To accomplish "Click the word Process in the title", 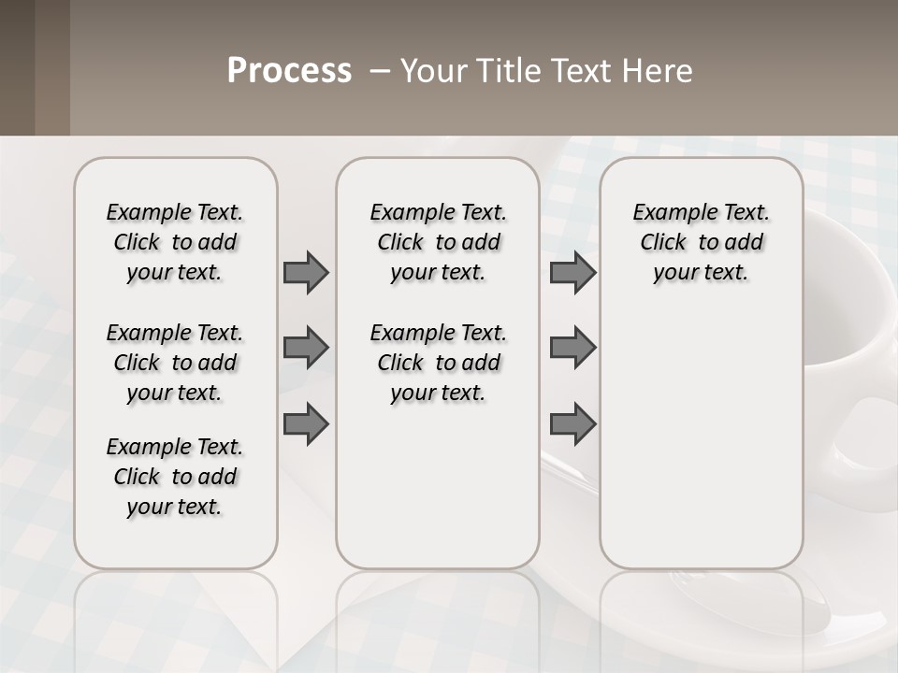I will [x=289, y=71].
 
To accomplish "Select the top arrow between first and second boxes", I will [x=306, y=272].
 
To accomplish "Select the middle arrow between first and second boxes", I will [x=306, y=348].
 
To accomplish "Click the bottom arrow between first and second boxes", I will [x=306, y=424].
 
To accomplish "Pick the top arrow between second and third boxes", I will [x=572, y=272].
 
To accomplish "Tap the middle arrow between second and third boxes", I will [x=572, y=348].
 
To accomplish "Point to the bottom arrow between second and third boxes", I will [x=572, y=424].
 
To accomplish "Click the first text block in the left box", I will [x=175, y=242].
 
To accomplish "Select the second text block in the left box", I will [x=175, y=363].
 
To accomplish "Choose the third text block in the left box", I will [x=175, y=477].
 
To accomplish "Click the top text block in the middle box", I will [x=438, y=242].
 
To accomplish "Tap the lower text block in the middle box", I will [x=438, y=363].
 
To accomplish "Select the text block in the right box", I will [x=701, y=242].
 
